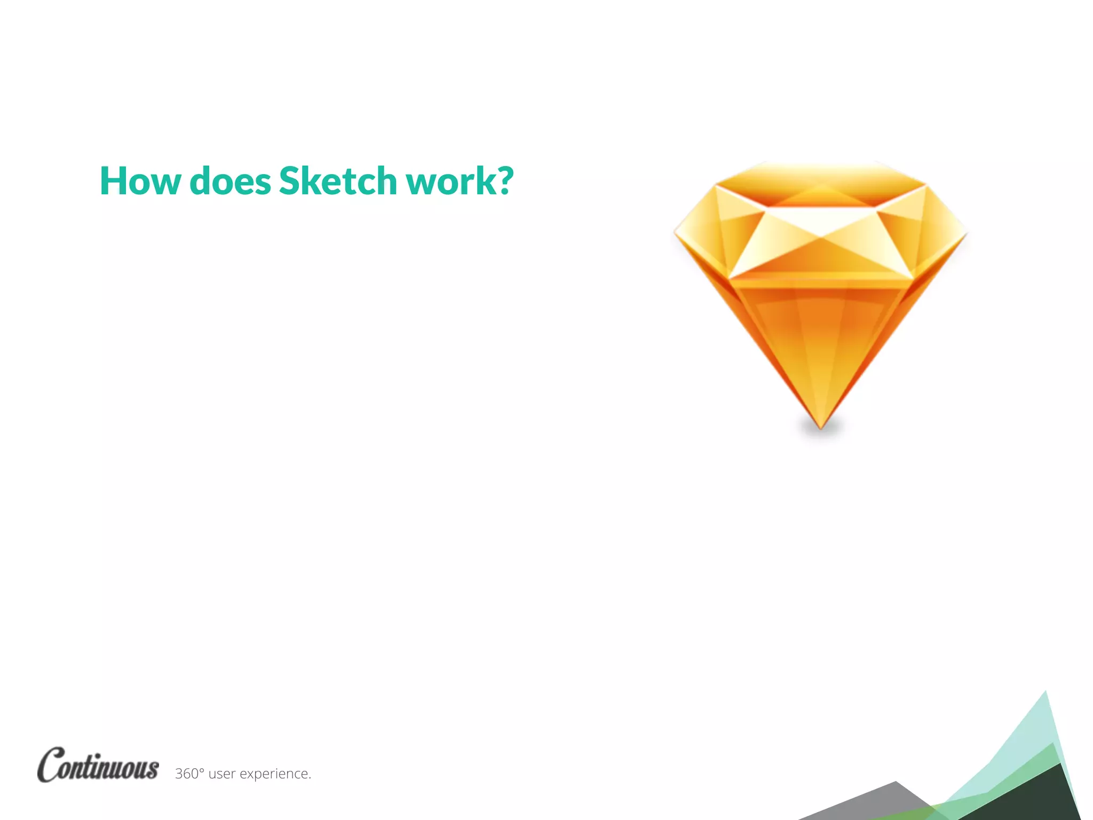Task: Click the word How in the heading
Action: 140,181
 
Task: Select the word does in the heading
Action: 230,181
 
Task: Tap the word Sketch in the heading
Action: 338,181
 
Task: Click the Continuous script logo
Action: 98,764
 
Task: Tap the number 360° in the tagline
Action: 189,774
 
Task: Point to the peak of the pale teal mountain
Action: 1045,693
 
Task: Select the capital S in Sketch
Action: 291,181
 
